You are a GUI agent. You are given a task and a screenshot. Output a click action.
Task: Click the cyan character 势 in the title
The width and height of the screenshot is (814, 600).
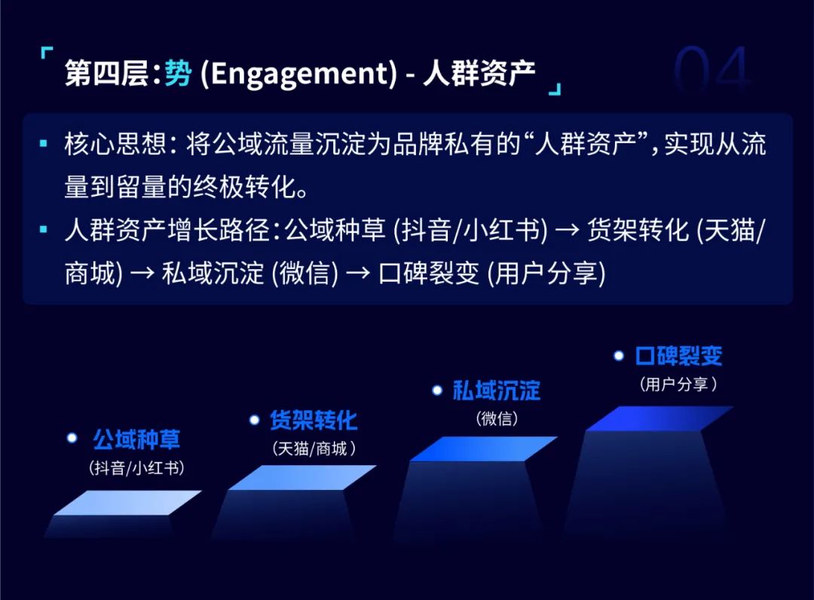178,72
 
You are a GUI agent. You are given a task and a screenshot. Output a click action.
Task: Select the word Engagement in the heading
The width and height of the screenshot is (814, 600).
298,74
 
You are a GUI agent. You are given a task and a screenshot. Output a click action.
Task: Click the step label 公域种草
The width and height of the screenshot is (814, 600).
136,439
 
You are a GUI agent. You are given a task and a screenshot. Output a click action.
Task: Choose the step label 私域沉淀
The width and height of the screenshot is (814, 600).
497,390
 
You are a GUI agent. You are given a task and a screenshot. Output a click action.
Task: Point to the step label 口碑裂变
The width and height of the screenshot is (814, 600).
679,356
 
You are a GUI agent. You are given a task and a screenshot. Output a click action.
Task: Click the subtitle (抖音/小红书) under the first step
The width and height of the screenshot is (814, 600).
136,468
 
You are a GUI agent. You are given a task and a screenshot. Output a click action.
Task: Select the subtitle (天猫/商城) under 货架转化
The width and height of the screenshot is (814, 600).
314,448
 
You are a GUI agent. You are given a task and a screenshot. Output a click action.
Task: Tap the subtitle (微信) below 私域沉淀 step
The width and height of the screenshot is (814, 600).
497,418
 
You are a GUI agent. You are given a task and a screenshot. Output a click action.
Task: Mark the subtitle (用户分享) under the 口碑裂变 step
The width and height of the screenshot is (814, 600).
678,384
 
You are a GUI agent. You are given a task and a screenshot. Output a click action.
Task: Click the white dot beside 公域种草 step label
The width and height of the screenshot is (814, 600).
72,438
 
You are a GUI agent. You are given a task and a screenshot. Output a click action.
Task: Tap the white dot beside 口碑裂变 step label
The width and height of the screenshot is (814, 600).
618,356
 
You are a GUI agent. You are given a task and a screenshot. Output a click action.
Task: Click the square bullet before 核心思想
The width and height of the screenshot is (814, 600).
44,142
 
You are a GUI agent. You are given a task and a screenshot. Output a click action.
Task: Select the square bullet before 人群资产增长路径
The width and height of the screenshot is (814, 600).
44,229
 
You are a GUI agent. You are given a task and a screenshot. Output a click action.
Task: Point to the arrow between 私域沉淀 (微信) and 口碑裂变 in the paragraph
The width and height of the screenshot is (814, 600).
358,273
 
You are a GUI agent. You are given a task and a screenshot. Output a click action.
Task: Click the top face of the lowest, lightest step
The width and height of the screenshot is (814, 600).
127,503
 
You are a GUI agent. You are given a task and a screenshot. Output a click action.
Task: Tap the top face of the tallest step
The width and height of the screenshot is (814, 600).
659,418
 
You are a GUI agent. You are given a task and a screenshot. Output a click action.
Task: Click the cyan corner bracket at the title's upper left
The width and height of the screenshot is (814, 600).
46,53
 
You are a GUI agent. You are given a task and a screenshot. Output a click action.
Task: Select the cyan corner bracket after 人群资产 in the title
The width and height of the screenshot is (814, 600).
555,89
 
